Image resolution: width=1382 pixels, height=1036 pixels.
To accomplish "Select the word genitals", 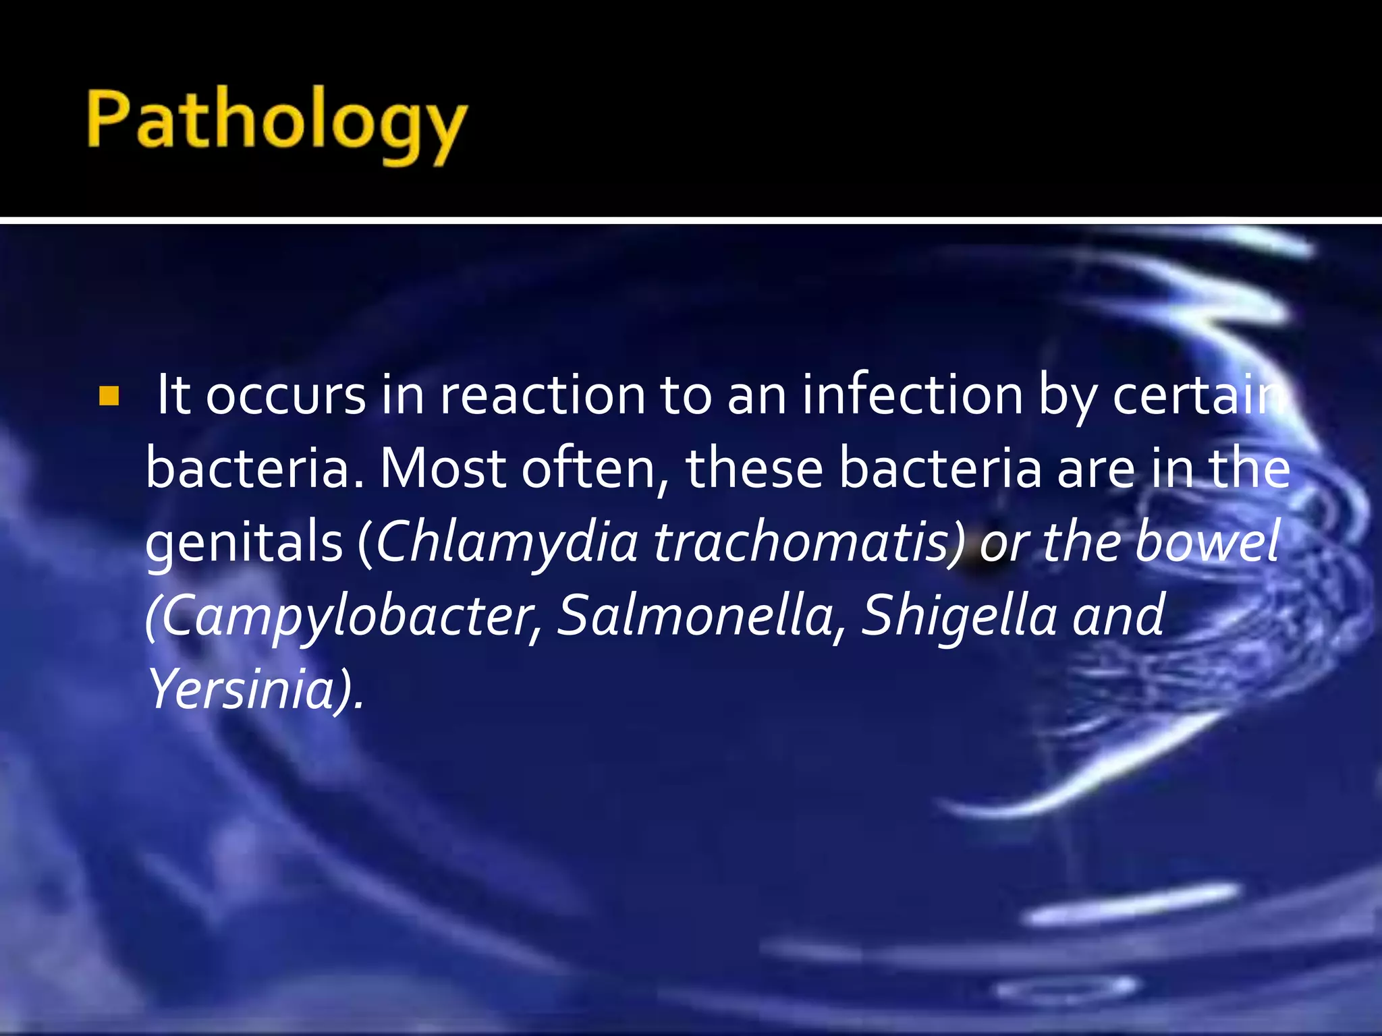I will click(244, 544).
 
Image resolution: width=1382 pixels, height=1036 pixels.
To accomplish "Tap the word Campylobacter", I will click(344, 616).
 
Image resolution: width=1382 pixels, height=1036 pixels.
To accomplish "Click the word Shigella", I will click(959, 616).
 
